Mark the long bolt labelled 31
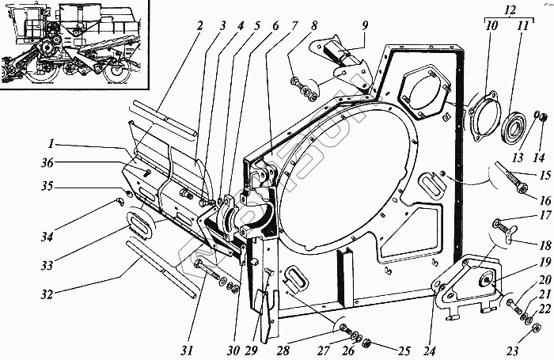coord(210,271)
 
